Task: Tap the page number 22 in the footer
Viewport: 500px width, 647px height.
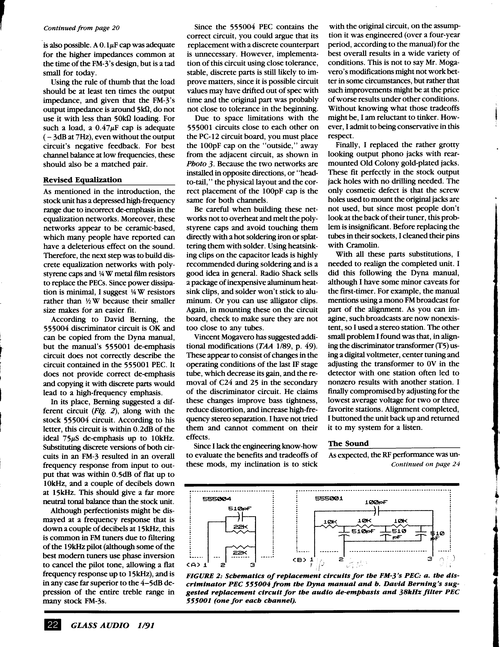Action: pos(52,625)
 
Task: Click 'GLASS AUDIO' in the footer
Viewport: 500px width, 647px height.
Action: pos(100,625)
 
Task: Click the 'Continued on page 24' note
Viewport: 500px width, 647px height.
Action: pos(425,464)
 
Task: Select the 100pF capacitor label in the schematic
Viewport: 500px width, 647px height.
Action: pos(376,502)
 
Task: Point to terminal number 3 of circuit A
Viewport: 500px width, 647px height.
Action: pos(252,565)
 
